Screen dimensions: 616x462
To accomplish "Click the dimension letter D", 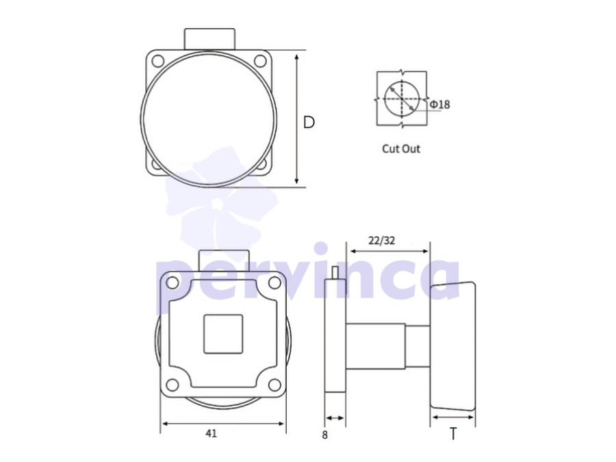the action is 309,123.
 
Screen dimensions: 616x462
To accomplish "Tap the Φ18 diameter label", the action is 439,105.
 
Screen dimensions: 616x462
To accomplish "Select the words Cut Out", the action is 401,149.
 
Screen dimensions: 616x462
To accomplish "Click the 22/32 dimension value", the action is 381,240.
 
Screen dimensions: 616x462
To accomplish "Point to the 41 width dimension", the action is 211,434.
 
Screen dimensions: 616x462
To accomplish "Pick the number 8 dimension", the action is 324,435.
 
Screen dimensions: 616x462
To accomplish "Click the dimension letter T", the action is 453,434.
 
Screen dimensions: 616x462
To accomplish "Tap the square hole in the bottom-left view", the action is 223,334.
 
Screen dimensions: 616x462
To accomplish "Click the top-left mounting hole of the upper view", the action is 157,62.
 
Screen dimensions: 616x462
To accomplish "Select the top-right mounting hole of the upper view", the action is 260,62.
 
